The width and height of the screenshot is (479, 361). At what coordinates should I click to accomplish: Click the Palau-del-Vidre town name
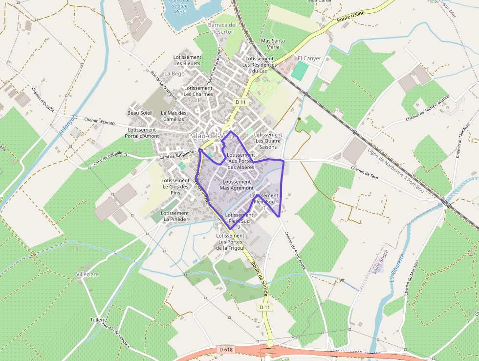[x=212, y=135]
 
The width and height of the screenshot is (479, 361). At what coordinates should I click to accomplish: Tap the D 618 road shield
[x=225, y=349]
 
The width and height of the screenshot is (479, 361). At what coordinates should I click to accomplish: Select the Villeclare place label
[x=87, y=274]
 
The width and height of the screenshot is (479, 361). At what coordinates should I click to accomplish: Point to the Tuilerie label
[x=98, y=319]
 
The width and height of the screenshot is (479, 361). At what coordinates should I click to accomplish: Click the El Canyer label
[x=309, y=58]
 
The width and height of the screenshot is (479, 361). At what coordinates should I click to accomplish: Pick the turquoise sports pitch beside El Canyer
[x=300, y=71]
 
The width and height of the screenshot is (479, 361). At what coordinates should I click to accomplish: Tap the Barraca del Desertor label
[x=222, y=28]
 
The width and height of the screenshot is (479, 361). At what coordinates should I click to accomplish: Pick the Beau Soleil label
[x=140, y=113]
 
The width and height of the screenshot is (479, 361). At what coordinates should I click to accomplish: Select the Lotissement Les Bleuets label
[x=187, y=60]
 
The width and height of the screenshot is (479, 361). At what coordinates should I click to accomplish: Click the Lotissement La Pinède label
[x=174, y=216]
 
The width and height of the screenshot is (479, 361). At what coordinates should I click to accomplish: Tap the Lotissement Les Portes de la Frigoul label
[x=230, y=241]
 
